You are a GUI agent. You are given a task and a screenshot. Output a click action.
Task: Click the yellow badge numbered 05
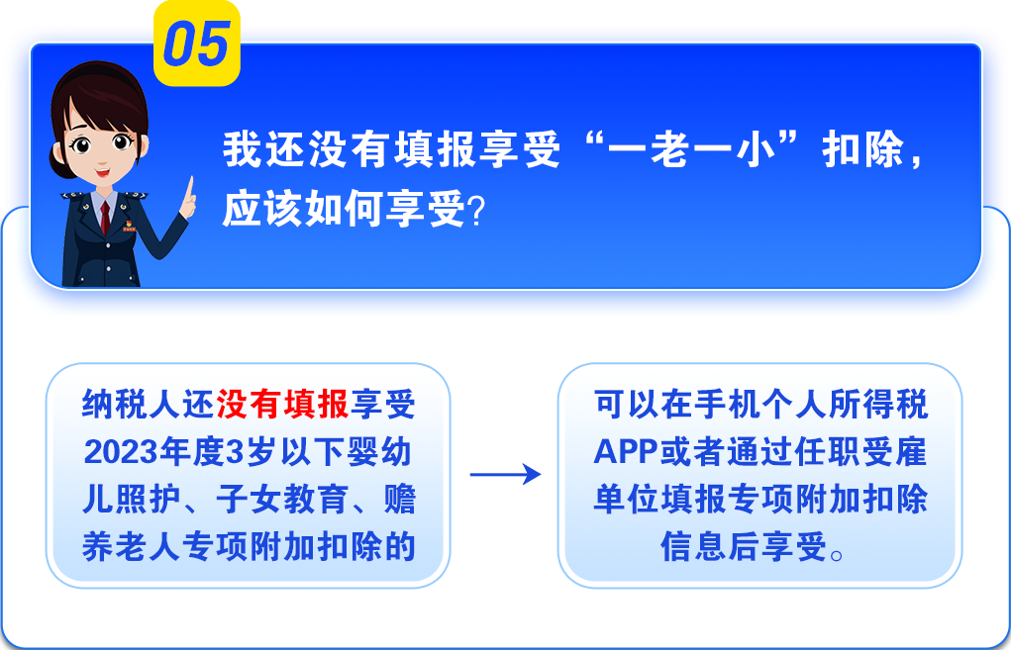tap(197, 44)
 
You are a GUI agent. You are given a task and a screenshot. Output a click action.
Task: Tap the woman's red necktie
tap(104, 219)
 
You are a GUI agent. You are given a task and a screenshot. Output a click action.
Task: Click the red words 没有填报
tap(282, 405)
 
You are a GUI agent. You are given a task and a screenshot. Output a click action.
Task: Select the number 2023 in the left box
tap(121, 452)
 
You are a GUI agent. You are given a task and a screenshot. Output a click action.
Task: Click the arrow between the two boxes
tap(505, 474)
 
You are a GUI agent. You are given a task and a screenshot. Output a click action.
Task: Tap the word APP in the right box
tap(626, 451)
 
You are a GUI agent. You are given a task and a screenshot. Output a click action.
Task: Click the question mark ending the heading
tap(476, 211)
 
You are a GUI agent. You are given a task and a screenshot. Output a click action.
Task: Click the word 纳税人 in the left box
tap(131, 405)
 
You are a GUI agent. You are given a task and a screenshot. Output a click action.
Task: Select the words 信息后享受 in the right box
tap(743, 546)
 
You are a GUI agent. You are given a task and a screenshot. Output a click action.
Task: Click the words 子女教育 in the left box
tap(282, 500)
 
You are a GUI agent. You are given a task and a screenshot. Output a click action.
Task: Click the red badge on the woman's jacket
tap(129, 226)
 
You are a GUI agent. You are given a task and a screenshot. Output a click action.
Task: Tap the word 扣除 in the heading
tap(862, 149)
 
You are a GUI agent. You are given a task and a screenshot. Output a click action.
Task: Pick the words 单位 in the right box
tap(626, 500)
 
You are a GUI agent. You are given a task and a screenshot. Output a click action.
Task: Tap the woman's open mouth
tap(102, 172)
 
